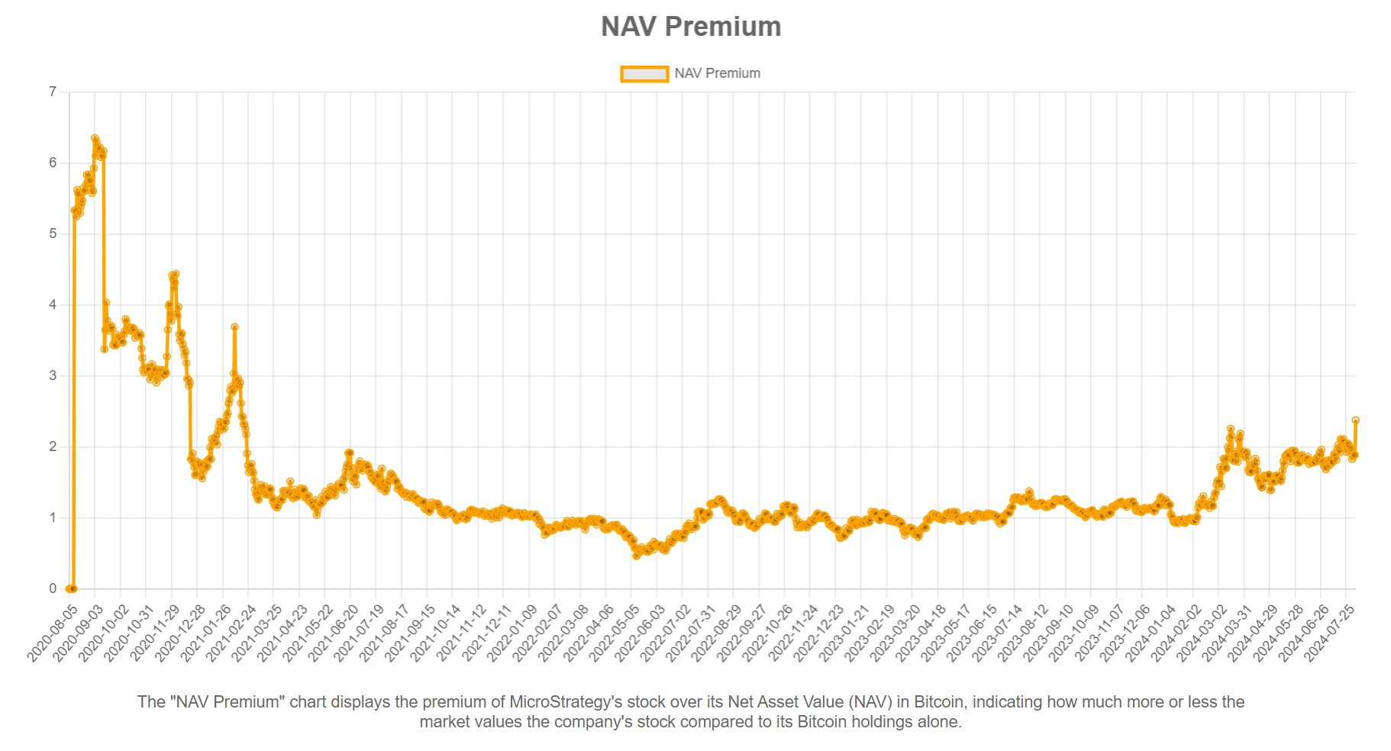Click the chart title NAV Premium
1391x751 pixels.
click(691, 27)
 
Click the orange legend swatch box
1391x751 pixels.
click(644, 73)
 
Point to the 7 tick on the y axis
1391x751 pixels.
click(53, 92)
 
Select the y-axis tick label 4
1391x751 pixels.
click(53, 305)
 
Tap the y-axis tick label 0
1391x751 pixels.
click(53, 588)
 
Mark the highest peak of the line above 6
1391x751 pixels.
click(95, 138)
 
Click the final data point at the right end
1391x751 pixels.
click(1356, 421)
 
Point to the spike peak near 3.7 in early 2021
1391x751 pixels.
click(235, 327)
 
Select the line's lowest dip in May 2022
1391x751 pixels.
click(637, 556)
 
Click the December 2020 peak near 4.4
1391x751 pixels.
click(176, 274)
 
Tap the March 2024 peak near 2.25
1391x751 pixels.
click(1231, 429)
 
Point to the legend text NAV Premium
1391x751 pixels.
click(717, 73)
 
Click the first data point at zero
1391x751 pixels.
click(69, 588)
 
